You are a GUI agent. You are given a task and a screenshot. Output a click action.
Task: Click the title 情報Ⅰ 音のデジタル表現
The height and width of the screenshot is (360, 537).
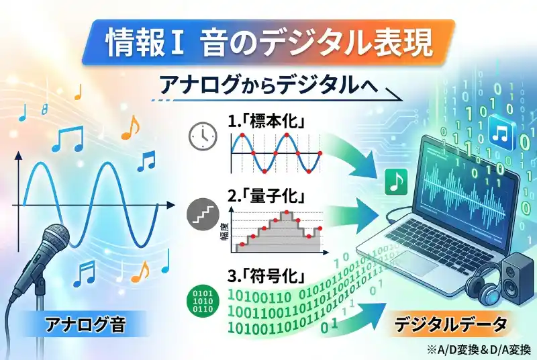[x=268, y=44]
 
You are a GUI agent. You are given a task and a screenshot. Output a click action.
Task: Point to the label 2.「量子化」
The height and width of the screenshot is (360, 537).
[x=266, y=197]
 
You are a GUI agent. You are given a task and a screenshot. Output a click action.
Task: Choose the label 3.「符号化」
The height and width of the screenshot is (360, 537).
[x=266, y=276]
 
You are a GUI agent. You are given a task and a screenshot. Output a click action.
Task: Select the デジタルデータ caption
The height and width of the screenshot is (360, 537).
[x=450, y=326]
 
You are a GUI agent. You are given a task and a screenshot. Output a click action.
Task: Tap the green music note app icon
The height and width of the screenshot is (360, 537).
[x=396, y=181]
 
